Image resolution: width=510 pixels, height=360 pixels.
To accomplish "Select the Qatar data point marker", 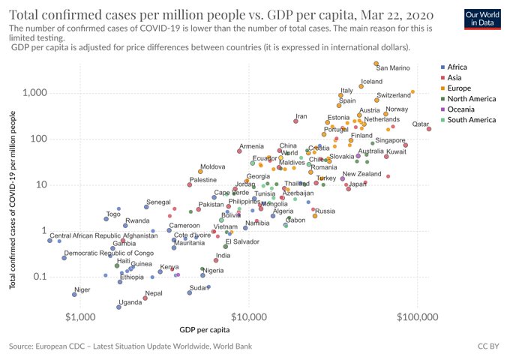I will coord(429,129).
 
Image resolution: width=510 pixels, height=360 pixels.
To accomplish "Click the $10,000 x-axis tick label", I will coord(247,317).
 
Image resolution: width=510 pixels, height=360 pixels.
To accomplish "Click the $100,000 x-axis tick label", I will coord(416,317).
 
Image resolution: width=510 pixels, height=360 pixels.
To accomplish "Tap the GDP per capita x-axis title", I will coord(204,330).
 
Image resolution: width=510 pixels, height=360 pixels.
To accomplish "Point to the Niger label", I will coord(82,289).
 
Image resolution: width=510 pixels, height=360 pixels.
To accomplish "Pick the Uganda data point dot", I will coord(118,307).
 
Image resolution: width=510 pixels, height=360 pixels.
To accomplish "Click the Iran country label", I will coord(301,116).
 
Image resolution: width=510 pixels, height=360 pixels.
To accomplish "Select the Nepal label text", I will coord(154,293).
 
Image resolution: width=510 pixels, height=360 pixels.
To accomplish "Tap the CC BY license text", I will coord(488,347).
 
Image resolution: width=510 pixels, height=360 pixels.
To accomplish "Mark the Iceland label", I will coord(371,82).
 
